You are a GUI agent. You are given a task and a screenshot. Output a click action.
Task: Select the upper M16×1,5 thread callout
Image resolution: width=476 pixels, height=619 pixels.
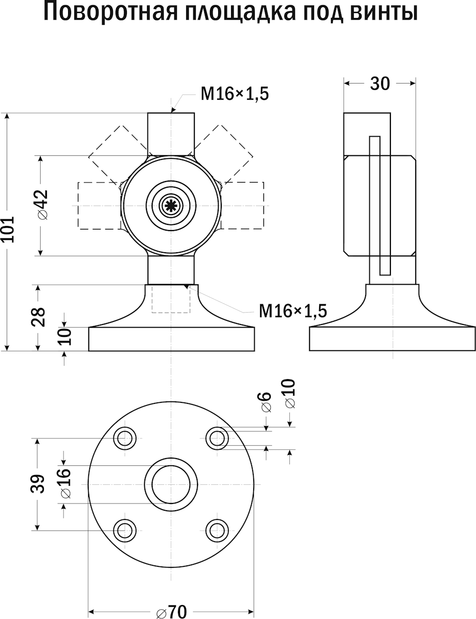point(235,94)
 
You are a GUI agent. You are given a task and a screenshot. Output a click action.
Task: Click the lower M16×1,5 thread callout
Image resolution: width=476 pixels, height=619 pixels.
point(293,311)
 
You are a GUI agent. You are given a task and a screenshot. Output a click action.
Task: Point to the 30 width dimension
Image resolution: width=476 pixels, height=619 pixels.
point(380,83)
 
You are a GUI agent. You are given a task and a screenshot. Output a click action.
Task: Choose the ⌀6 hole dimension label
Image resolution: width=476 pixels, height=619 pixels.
point(265,402)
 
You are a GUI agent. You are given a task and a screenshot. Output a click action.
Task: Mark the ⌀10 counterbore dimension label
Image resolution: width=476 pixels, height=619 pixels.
point(289,394)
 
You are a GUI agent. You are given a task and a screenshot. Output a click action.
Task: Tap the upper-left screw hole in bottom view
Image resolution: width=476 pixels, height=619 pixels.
point(124,438)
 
